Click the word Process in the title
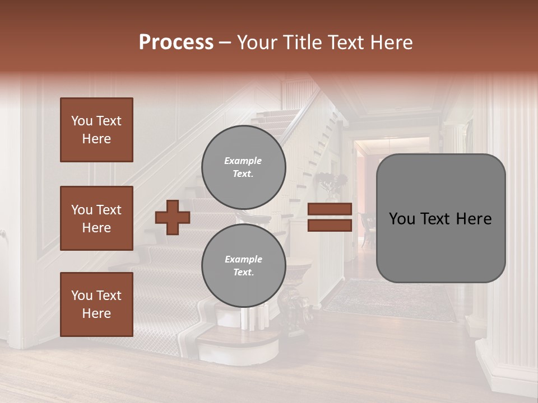pos(176,43)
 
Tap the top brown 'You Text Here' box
pos(96,130)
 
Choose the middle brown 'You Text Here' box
pos(96,218)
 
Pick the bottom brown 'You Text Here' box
pos(96,304)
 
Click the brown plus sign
pos(173,217)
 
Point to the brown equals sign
pos(330,217)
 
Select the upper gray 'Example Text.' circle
pos(244,167)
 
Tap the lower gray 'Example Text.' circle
pos(244,266)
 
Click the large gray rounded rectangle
pos(440,218)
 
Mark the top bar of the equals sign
pos(330,209)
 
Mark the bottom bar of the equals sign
pos(330,226)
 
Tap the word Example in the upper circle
pos(243,161)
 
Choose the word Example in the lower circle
pos(243,259)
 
